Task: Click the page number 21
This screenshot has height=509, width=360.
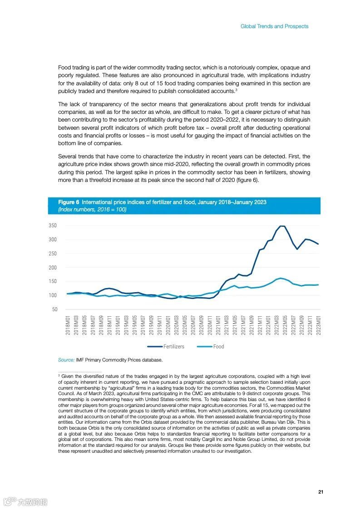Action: [x=321, y=492]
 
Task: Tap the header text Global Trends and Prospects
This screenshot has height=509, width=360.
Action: [x=274, y=26]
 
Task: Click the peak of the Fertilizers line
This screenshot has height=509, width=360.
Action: [x=282, y=226]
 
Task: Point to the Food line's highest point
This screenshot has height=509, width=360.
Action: [x=281, y=278]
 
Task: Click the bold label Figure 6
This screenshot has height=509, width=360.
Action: [x=69, y=202]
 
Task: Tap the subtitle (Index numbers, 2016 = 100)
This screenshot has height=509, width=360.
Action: [x=92, y=209]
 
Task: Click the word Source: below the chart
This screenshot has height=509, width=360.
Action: [x=66, y=360]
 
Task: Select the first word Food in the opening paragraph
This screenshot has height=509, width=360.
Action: [x=65, y=67]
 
